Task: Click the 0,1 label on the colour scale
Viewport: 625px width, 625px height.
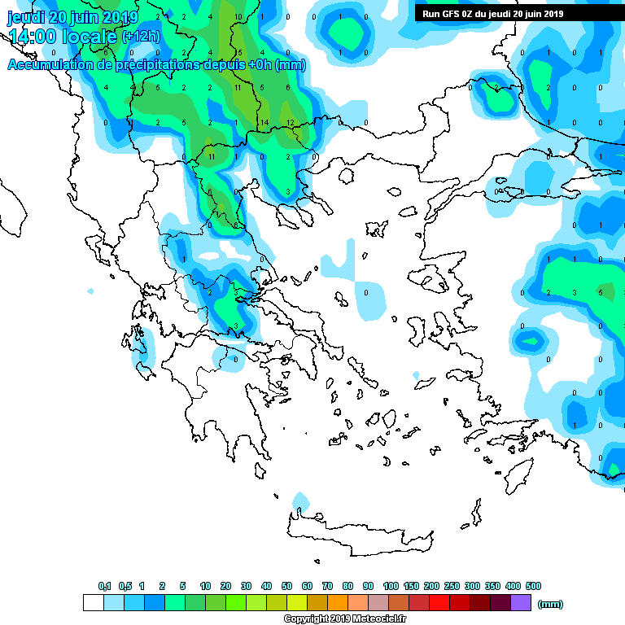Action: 105,586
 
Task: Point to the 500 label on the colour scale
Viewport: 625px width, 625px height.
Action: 533,586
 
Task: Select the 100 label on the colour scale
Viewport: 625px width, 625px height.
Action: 391,586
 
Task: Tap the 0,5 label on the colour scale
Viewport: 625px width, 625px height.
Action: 125,586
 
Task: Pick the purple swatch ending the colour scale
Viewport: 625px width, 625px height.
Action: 521,602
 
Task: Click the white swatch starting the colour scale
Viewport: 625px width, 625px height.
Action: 93,602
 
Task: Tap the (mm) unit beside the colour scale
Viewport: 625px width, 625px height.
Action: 551,604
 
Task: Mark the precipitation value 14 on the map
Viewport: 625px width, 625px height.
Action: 264,123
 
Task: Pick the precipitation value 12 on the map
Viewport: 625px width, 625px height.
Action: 290,123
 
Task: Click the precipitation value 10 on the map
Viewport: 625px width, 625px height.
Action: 237,16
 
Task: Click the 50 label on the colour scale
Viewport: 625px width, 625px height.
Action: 286,586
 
